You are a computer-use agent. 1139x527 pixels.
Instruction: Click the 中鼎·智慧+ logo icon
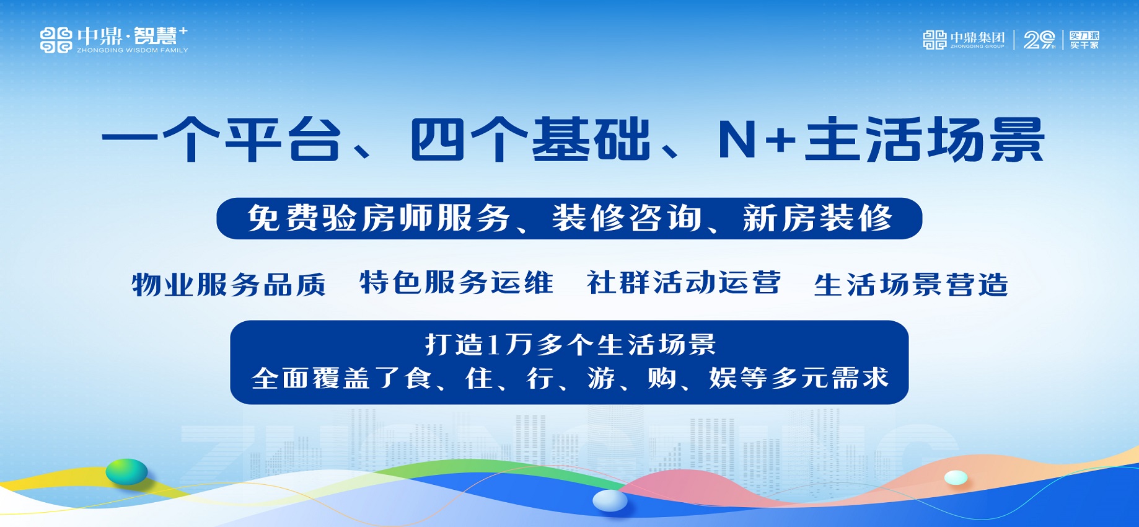point(56,40)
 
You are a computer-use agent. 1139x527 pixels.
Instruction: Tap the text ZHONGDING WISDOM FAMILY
point(133,50)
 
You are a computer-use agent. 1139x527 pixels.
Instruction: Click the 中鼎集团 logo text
point(978,37)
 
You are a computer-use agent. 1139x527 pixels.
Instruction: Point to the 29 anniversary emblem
point(1039,40)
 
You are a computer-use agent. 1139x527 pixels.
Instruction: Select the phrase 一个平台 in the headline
point(222,139)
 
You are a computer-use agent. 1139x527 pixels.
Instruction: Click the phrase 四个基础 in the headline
point(530,139)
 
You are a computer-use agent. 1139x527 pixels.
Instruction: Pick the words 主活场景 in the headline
point(925,139)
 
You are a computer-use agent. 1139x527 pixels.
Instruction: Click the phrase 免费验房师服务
point(379,218)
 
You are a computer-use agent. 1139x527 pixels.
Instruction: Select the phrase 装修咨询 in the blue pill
point(627,218)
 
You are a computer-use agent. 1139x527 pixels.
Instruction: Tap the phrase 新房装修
point(817,218)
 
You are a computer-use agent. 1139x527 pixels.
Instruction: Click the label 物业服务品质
point(229,285)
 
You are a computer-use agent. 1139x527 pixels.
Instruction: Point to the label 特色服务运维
point(457,283)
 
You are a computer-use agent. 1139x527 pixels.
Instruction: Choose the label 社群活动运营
point(684,283)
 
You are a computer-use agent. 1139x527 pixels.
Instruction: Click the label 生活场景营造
point(911,285)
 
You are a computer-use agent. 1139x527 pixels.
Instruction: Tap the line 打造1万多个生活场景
point(570,345)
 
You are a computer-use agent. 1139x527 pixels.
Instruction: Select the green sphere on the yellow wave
point(126,472)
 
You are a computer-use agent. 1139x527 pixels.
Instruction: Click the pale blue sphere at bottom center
point(610,500)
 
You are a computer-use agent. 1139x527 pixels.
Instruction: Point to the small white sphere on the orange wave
point(956,477)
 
